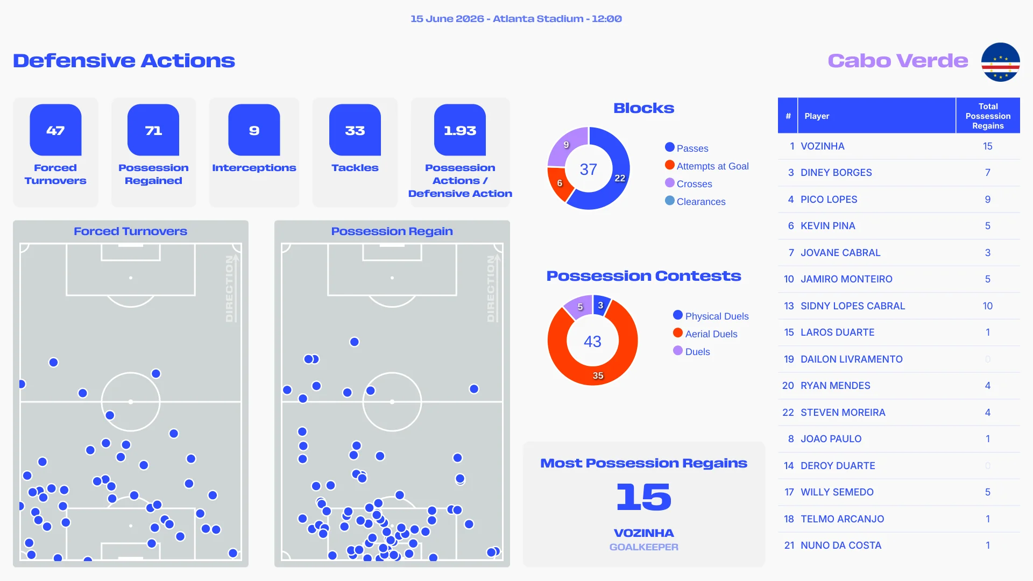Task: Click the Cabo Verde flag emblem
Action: [x=1000, y=62]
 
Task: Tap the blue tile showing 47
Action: [x=55, y=130]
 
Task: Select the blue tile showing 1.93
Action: [x=460, y=130]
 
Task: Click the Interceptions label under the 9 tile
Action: [x=254, y=168]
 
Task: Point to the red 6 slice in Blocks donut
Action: [x=560, y=183]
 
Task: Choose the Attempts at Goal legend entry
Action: [x=707, y=166]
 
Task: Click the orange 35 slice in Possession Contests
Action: [x=598, y=375]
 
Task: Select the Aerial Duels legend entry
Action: [x=705, y=334]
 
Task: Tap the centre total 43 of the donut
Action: [x=592, y=341]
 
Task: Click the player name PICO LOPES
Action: [x=829, y=200]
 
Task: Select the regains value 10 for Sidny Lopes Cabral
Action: [x=987, y=306]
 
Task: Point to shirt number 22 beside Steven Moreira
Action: [x=788, y=413]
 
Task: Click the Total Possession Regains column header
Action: [x=988, y=116]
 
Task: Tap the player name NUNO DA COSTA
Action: [x=841, y=545]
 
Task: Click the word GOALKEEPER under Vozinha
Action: [x=643, y=547]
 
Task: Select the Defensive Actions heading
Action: [x=124, y=61]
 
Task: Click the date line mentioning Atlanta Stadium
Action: [x=516, y=19]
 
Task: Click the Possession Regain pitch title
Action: [x=392, y=231]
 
